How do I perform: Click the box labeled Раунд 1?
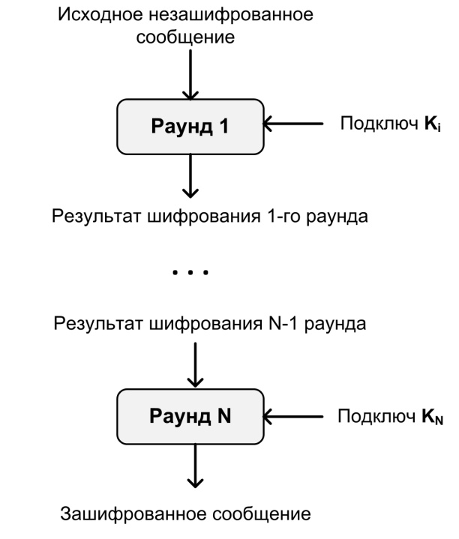[190, 127]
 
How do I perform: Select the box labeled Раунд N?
[190, 417]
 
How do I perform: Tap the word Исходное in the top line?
[100, 14]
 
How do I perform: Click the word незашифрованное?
[232, 15]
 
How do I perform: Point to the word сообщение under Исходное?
[185, 37]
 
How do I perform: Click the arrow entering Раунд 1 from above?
[190, 75]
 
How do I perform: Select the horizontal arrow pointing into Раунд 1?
[293, 124]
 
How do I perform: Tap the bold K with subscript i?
[433, 124]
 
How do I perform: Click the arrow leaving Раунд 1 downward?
[190, 176]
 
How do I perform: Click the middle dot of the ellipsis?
[190, 272]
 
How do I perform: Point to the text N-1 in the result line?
[283, 324]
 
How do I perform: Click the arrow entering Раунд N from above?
[195, 365]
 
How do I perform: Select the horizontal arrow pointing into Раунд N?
[293, 417]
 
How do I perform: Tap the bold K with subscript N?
[433, 417]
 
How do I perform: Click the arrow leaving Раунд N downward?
[195, 466]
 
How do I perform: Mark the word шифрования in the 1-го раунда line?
[204, 217]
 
